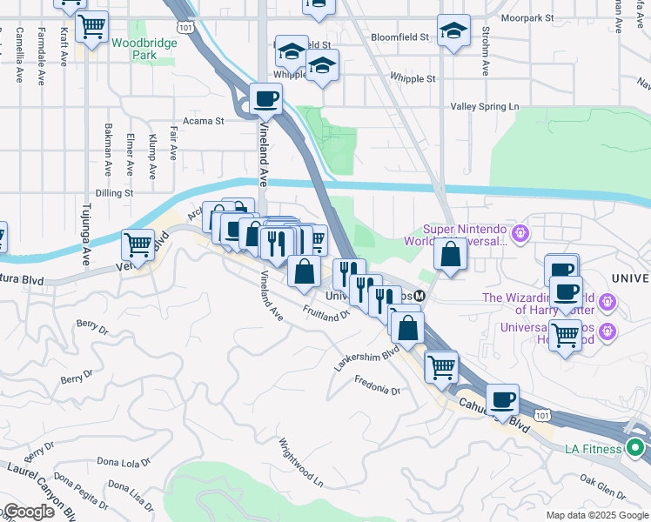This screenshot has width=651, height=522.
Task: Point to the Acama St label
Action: (203, 122)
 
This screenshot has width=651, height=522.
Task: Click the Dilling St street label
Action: (115, 193)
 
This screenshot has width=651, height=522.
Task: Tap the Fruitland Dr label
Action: (325, 311)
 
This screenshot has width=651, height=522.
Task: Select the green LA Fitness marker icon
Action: (635, 448)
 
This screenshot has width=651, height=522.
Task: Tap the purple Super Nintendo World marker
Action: (520, 233)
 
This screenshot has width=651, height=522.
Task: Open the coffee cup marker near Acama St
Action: (266, 98)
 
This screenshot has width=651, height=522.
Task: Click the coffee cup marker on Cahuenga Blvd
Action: (502, 399)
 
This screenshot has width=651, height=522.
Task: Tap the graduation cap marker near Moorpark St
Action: (453, 31)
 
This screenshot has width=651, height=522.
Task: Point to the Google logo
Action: (28, 512)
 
